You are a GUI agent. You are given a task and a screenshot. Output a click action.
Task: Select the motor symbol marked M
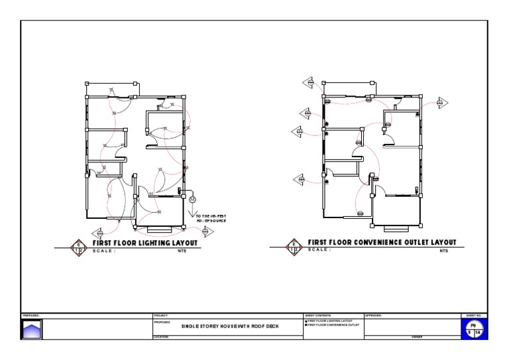pos(193,199)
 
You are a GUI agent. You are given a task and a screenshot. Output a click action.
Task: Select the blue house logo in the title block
pos(32,329)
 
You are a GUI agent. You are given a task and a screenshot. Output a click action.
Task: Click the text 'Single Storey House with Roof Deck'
pos(221,326)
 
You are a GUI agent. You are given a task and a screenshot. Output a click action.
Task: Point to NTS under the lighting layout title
pos(182,251)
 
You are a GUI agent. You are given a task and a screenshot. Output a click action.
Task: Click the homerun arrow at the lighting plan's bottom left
pos(99,233)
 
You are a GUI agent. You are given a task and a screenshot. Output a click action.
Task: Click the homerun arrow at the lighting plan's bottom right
pos(207,231)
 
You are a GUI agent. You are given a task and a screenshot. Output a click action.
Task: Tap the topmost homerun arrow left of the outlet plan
pos(309,82)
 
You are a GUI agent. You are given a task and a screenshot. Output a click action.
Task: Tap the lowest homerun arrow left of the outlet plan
pos(300,178)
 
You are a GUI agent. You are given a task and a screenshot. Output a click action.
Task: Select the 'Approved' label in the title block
pos(374,315)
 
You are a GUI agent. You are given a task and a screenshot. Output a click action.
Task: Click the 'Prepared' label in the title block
pos(31,315)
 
